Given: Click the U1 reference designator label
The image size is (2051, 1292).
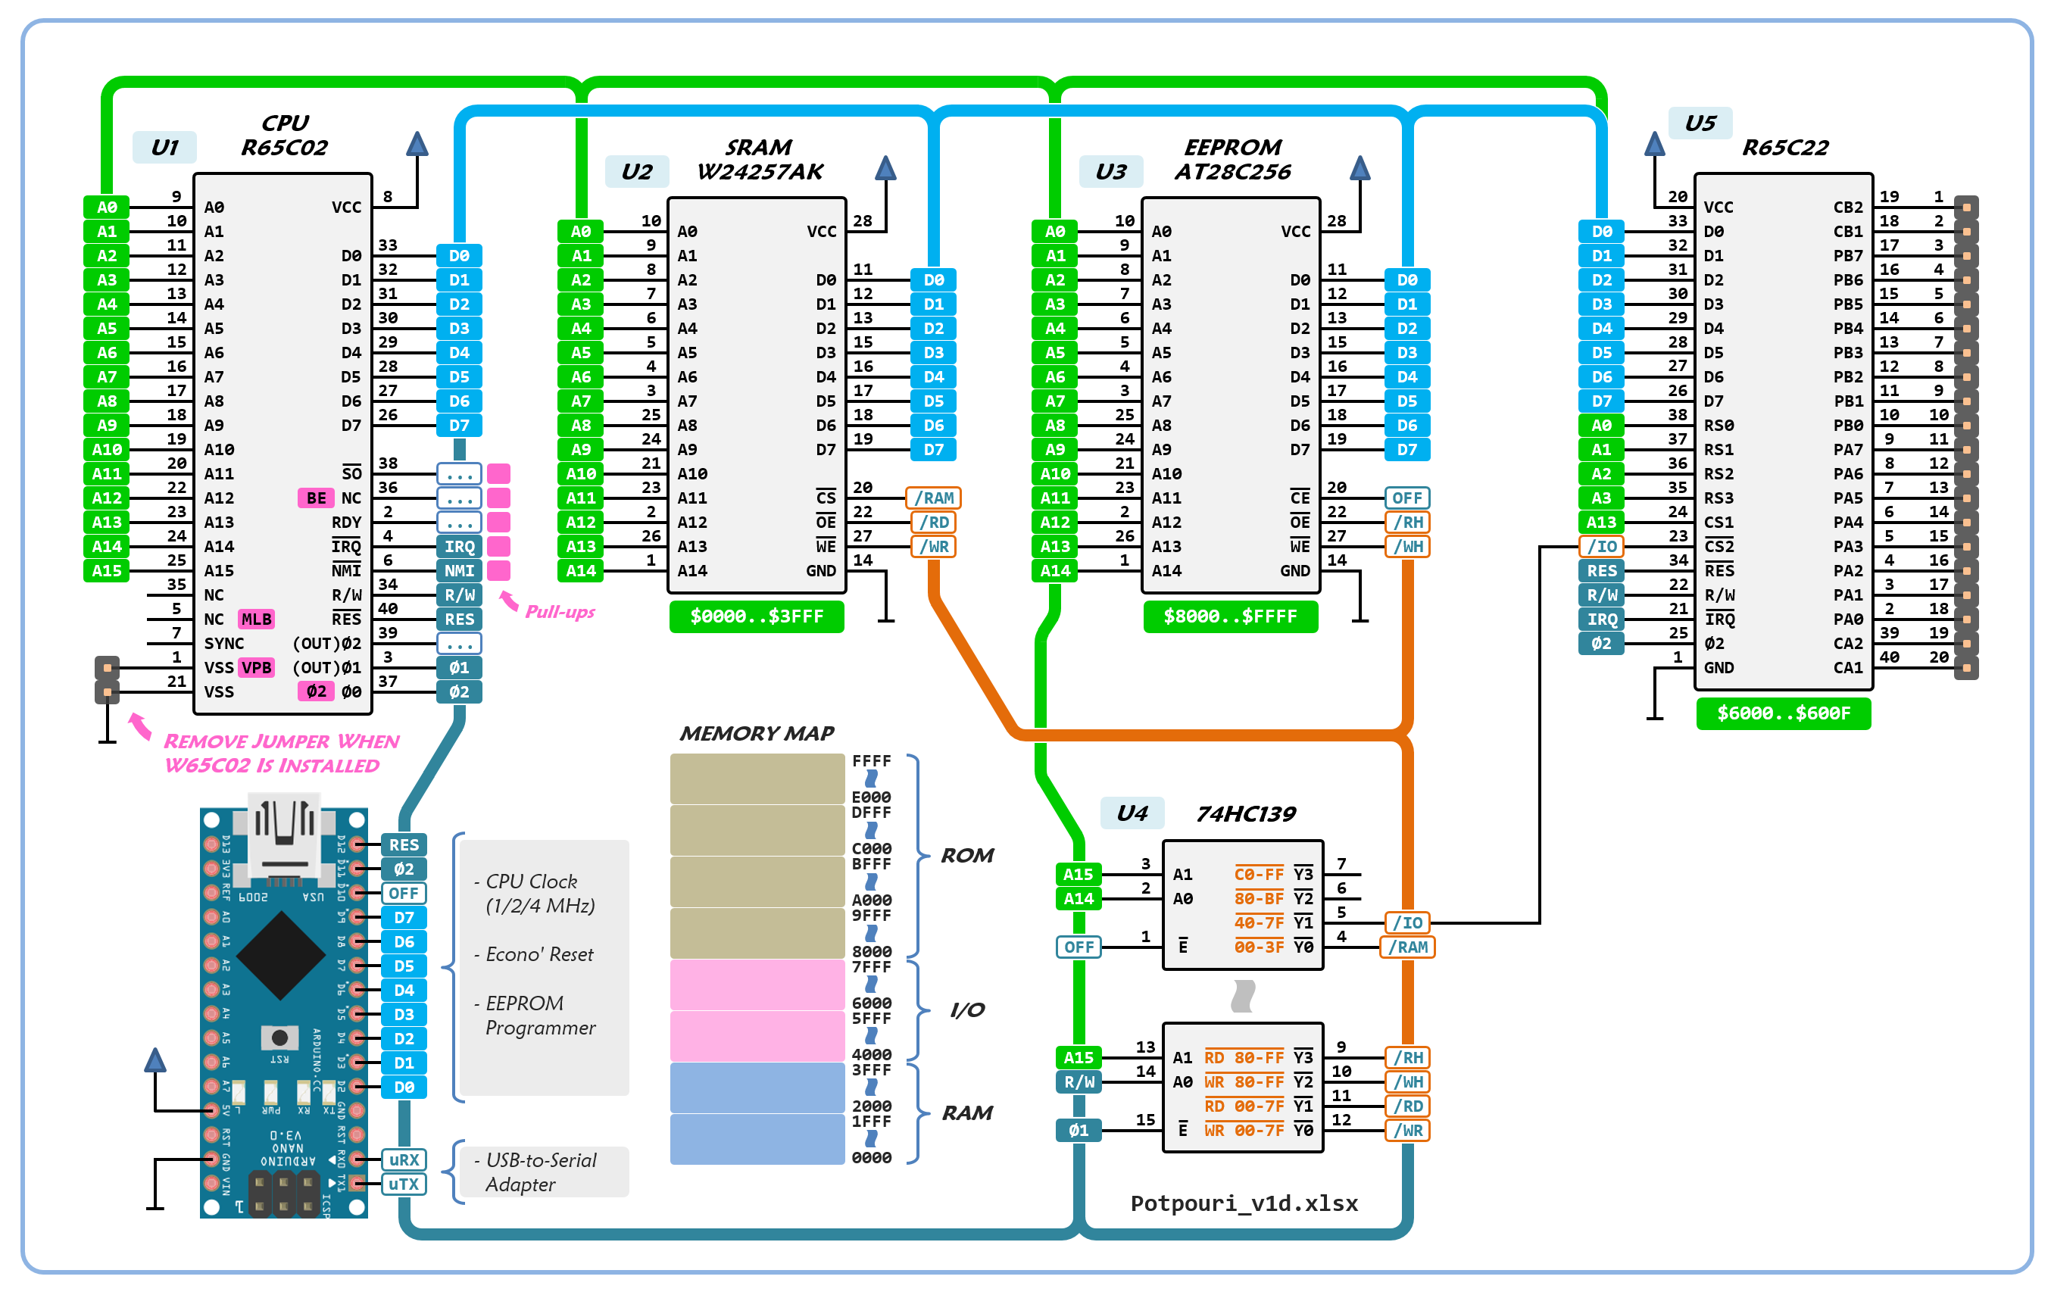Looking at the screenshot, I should [x=164, y=148].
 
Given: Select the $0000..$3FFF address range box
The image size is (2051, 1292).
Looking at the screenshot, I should [x=757, y=616].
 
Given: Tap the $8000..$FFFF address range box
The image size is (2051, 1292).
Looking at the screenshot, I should [x=1230, y=616].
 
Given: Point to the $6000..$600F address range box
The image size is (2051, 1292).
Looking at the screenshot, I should [x=1783, y=713].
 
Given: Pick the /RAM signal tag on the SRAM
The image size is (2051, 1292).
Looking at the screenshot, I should [x=934, y=498].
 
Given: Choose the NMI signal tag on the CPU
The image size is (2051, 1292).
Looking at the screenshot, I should [x=459, y=570].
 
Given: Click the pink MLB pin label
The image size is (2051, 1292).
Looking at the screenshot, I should [x=255, y=619].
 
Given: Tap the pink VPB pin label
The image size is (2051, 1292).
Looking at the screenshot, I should [x=255, y=668].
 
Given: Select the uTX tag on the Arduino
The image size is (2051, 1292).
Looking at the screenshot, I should [x=403, y=1184].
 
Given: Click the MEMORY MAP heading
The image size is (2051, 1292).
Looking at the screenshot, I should [x=757, y=733].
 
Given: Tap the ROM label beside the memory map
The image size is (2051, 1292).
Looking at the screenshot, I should [x=966, y=855].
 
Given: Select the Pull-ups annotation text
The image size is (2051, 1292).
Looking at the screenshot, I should [x=560, y=611].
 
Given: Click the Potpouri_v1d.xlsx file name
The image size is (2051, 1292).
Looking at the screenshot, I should [x=1244, y=1203].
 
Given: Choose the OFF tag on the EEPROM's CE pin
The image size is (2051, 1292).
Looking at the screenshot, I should [x=1406, y=498].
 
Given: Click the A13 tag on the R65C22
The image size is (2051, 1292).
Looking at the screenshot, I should [x=1600, y=522].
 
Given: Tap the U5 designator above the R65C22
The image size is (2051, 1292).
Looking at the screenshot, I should [x=1700, y=123].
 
